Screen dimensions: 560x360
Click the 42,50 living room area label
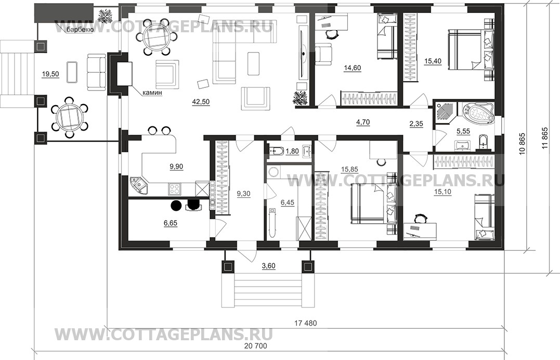tap(201, 102)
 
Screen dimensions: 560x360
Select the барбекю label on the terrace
tap(80, 30)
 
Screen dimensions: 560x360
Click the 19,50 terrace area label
tap(50, 74)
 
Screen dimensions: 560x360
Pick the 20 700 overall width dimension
tap(255, 346)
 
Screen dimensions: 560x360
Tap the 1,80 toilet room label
tap(292, 151)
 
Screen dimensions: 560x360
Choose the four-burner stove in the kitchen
tap(175, 188)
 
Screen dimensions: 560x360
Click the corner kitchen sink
tap(139, 185)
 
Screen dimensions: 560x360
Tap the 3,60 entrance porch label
tap(269, 266)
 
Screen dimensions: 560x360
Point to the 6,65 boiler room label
tap(171, 223)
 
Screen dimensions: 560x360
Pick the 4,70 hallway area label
tap(363, 122)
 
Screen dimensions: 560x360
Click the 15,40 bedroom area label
tap(433, 61)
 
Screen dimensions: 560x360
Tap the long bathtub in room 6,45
tap(273, 224)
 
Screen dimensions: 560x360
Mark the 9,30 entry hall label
tap(243, 194)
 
